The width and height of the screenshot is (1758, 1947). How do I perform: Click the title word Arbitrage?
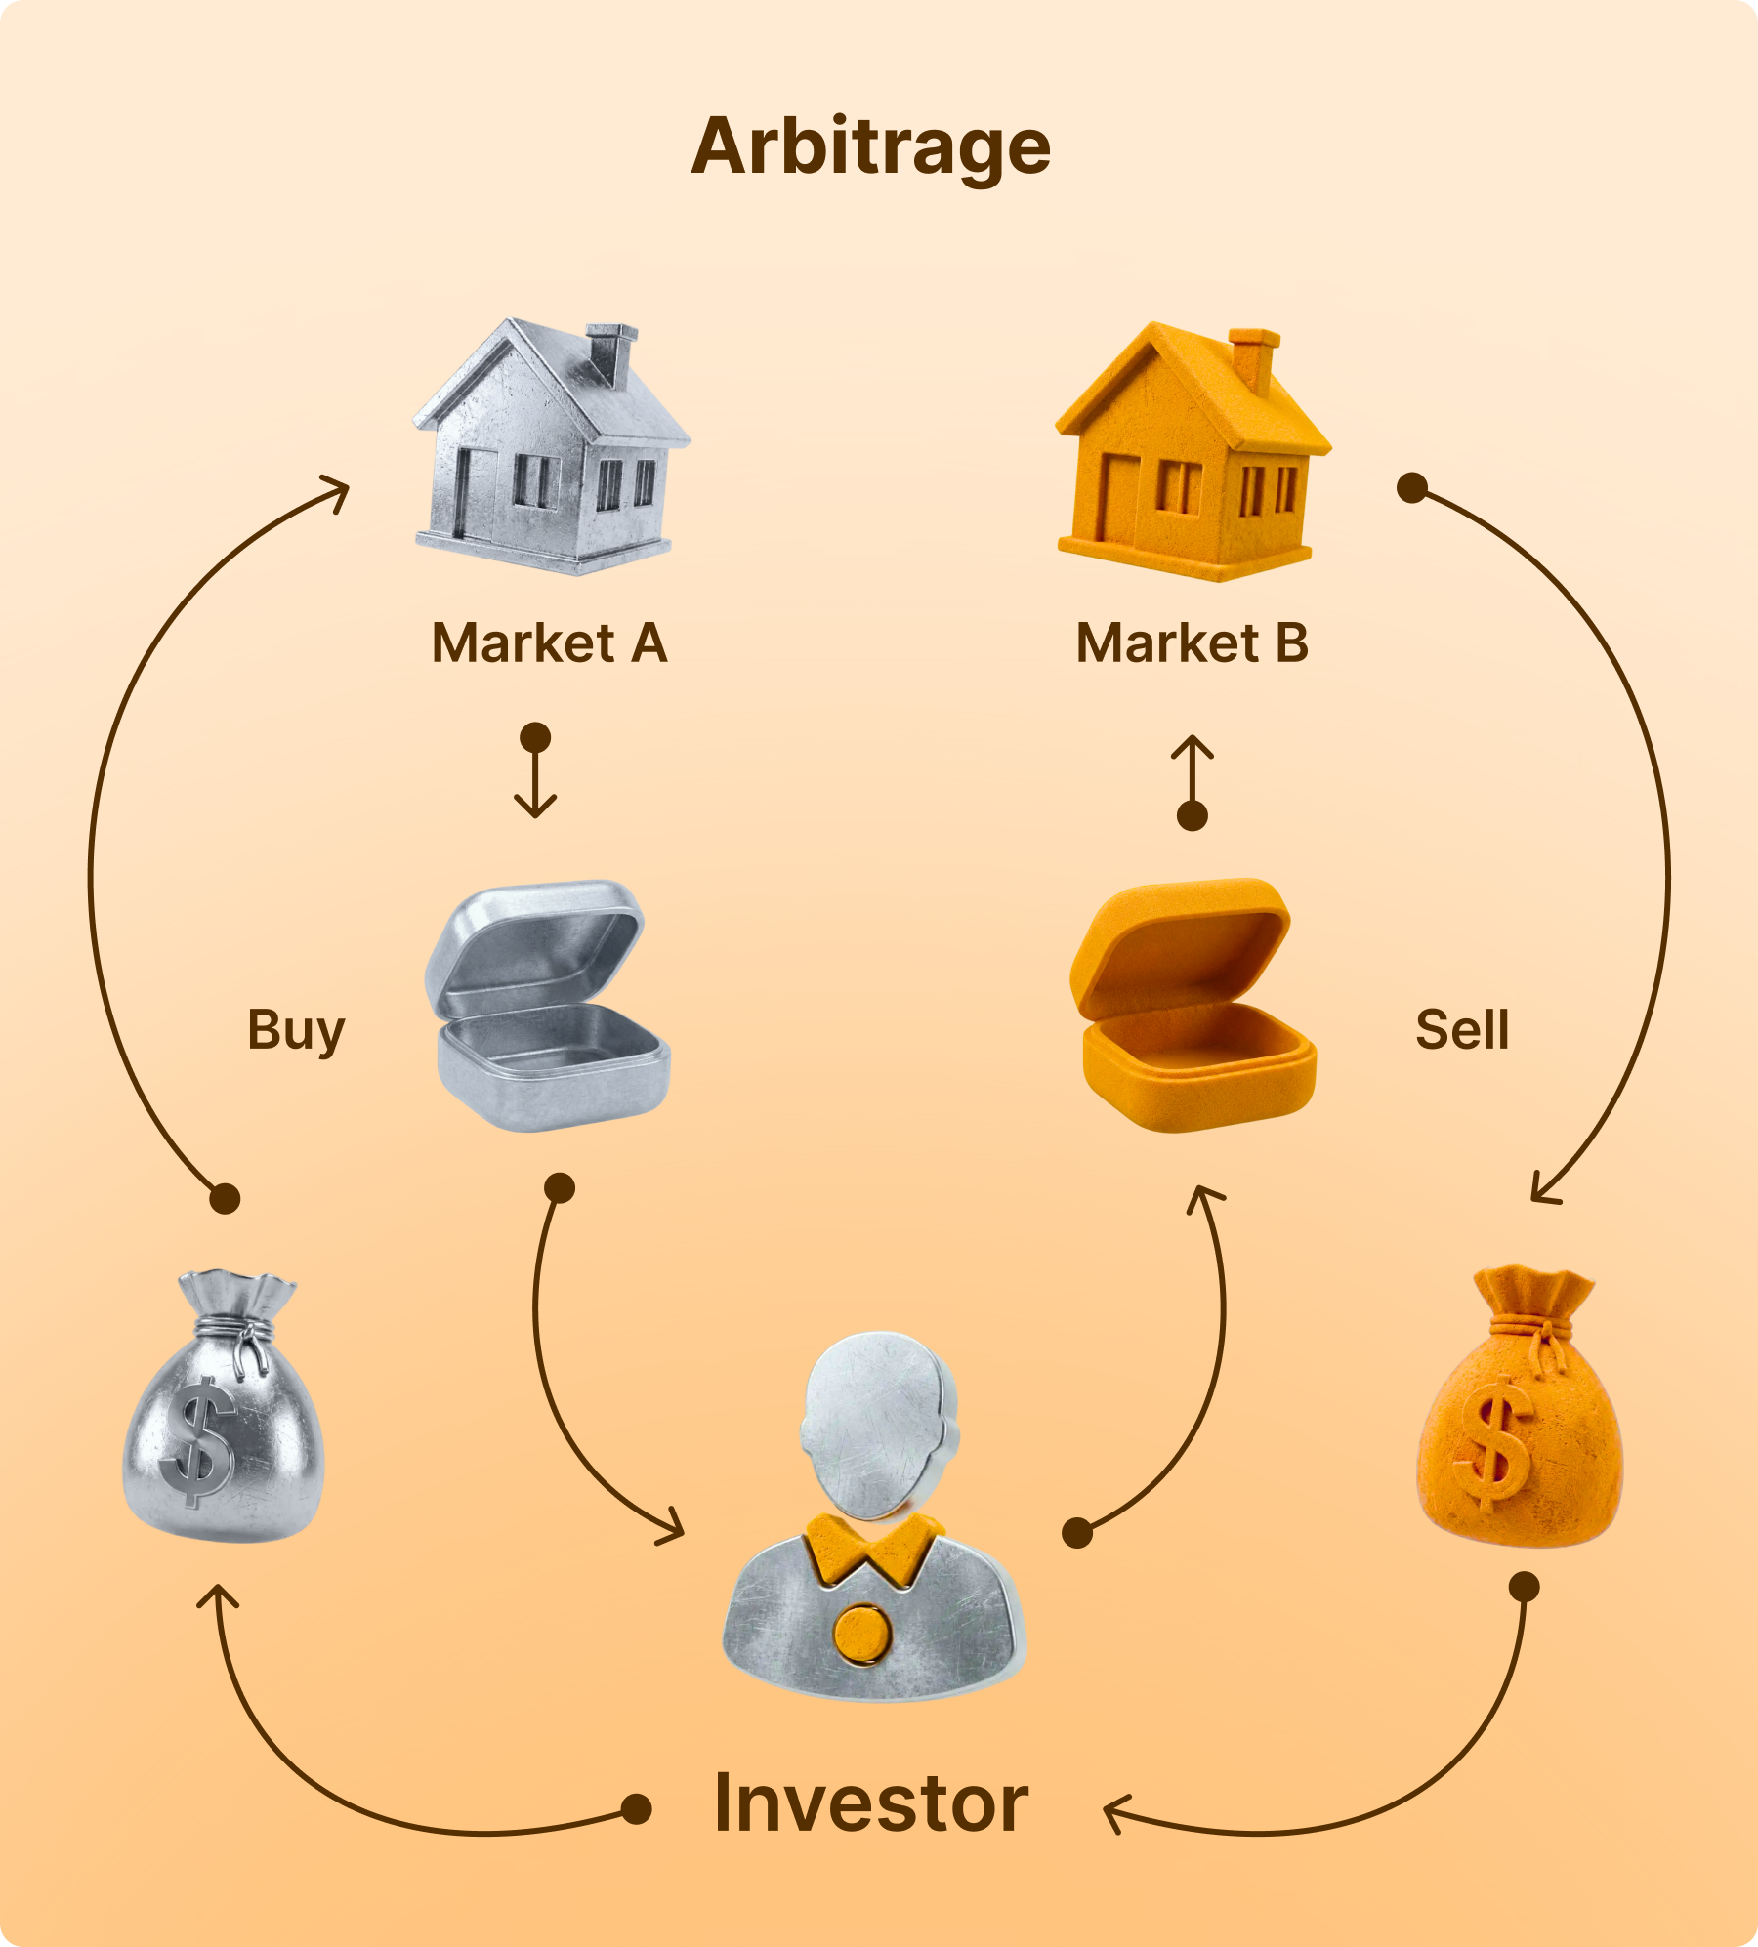tap(870, 147)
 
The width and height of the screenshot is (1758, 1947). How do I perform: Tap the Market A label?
tap(549, 643)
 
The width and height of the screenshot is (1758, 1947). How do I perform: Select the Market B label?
tap(1192, 643)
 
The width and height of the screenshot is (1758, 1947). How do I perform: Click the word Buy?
tap(296, 1030)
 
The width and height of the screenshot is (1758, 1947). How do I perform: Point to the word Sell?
tap(1462, 1030)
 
